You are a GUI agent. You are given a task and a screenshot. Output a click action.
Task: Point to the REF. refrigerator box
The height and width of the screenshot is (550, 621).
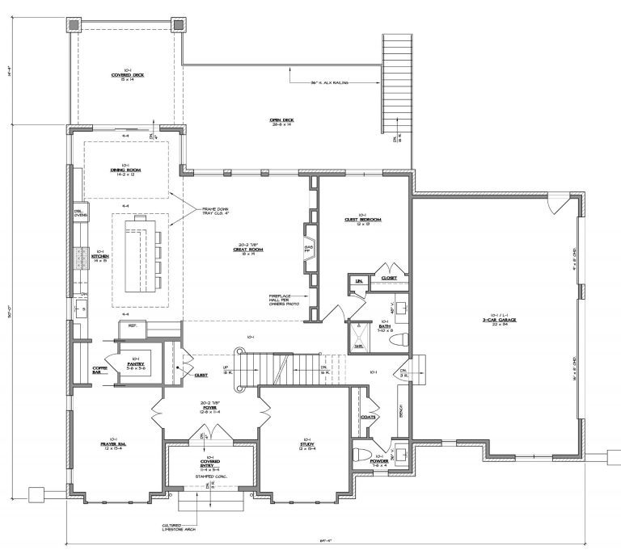point(131,327)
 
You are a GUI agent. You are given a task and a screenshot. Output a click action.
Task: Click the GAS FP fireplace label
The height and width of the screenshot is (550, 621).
point(308,248)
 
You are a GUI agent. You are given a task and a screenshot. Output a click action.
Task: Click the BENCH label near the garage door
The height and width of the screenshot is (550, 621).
point(402,412)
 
